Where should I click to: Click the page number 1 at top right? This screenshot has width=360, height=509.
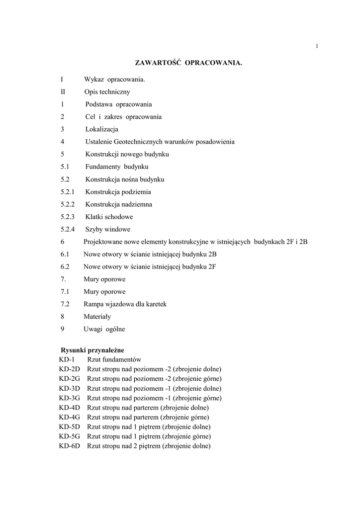[x=317, y=47]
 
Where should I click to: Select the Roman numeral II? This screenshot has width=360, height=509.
[x=63, y=92]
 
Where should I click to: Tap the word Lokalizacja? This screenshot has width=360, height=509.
[x=101, y=129]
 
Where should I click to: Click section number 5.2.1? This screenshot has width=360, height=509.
[x=68, y=192]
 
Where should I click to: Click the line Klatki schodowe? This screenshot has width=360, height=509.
[x=109, y=217]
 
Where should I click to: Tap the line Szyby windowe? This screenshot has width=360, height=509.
[x=107, y=229]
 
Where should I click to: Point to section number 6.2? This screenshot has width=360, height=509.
[x=65, y=266]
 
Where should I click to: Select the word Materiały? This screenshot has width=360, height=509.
[x=97, y=316]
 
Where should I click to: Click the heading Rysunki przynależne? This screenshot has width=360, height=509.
[x=92, y=350]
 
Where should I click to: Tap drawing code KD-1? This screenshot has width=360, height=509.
[x=67, y=359]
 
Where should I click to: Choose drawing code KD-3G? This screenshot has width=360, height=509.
[x=70, y=398]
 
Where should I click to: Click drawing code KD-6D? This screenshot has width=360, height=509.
[x=70, y=446]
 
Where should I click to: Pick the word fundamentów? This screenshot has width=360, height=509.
[x=123, y=359]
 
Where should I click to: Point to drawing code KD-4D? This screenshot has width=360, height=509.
[x=70, y=408]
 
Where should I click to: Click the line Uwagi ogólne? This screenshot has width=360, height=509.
[x=104, y=329]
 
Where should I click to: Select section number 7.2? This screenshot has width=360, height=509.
[x=65, y=304]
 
